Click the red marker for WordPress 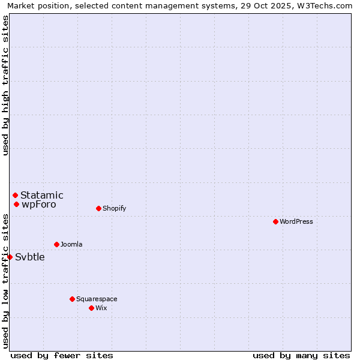click(275, 221)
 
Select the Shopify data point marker click(98, 208)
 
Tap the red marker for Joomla click(56, 244)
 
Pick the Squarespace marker click(72, 299)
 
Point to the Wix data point click(91, 308)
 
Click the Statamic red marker click(15, 195)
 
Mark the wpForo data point click(16, 204)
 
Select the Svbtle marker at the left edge click(10, 257)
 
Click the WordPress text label click(296, 221)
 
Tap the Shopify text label click(114, 208)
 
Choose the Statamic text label click(42, 195)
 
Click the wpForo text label click(39, 205)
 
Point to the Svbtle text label click(30, 257)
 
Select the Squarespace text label click(97, 299)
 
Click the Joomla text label click(71, 244)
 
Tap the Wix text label click(101, 308)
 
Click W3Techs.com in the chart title click(323, 6)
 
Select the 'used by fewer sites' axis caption click(62, 355)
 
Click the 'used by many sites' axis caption click(301, 355)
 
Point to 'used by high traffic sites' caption click(6, 85)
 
